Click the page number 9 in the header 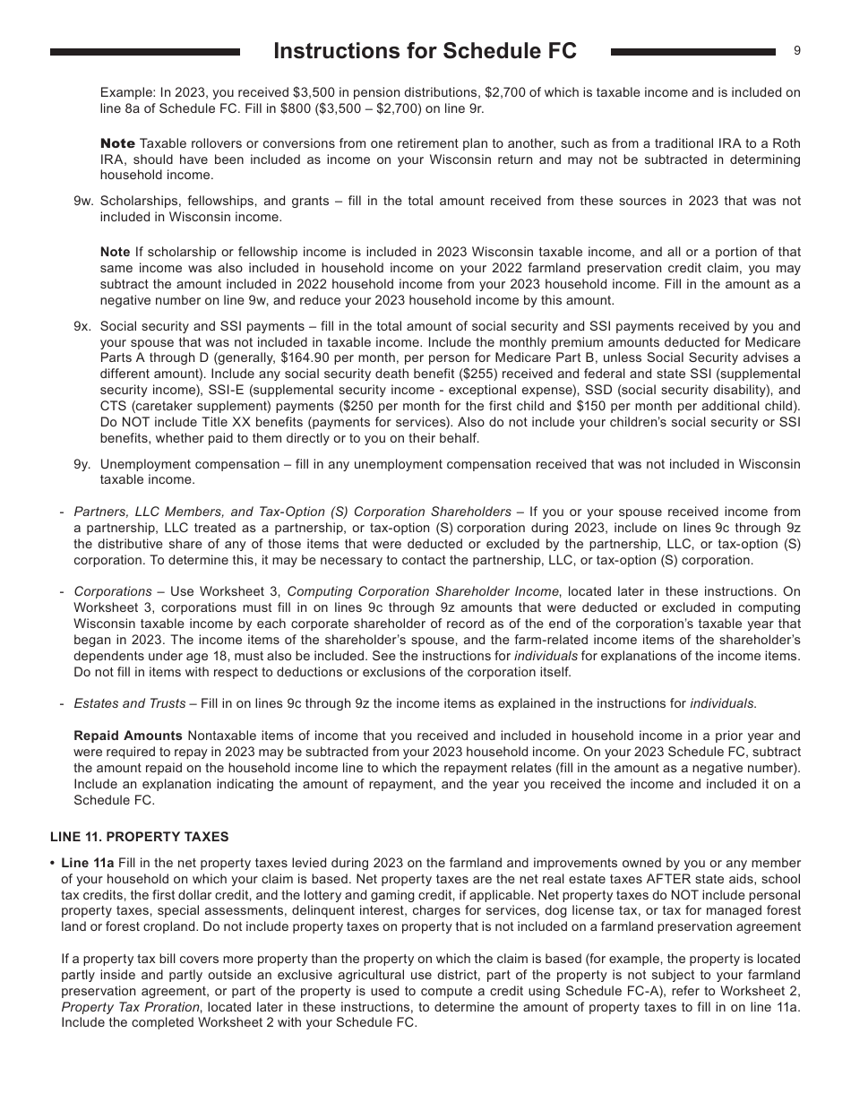pyautogui.click(x=797, y=51)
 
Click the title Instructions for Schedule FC pyautogui.click(x=425, y=52)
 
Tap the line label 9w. pyautogui.click(x=83, y=201)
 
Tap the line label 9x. pyautogui.click(x=83, y=326)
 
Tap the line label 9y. pyautogui.click(x=83, y=464)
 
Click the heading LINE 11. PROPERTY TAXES pyautogui.click(x=139, y=837)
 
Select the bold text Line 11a pyautogui.click(x=87, y=864)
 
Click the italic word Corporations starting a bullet pyautogui.click(x=113, y=591)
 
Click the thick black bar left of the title pyautogui.click(x=145, y=53)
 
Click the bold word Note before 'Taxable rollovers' pyautogui.click(x=117, y=144)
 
